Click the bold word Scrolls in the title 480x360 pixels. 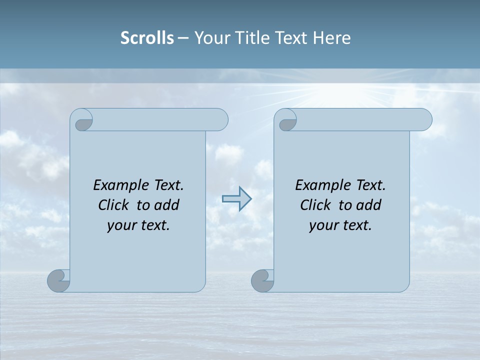tap(147, 38)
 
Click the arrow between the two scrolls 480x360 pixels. tap(237, 199)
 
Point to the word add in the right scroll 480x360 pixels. tap(368, 205)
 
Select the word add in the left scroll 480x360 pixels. tap(166, 205)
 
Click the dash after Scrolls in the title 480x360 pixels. tap(183, 38)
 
